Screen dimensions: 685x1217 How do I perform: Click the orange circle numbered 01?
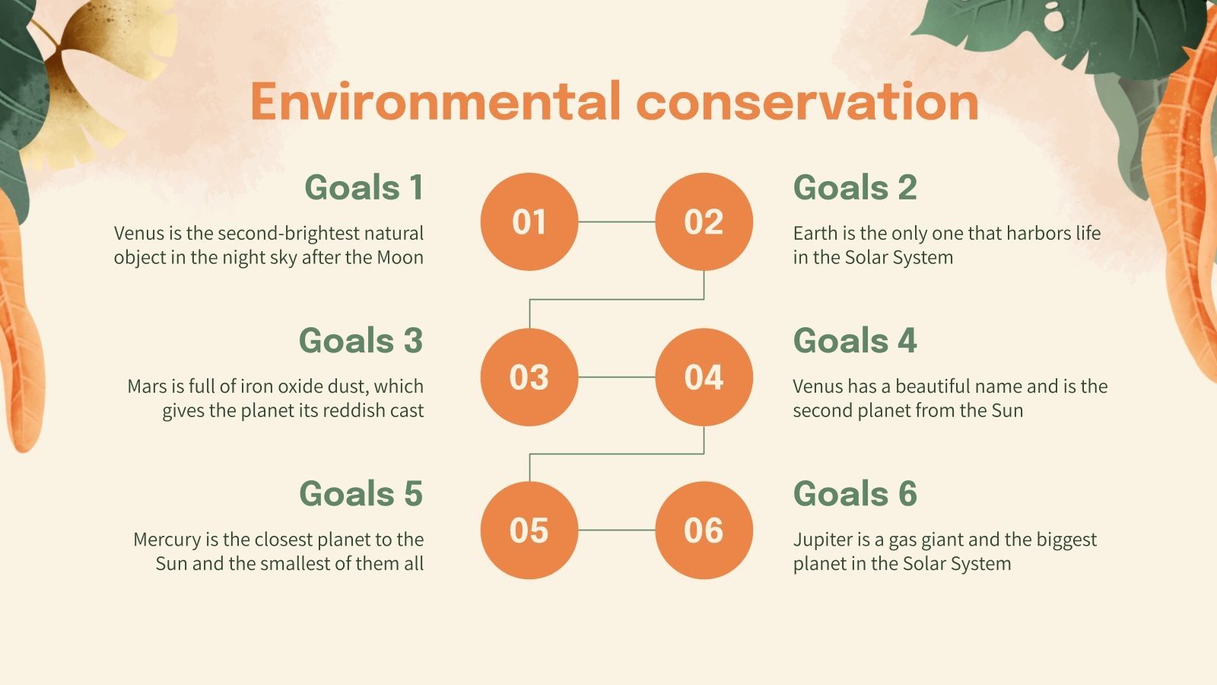point(529,221)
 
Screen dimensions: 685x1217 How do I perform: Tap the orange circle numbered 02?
point(704,221)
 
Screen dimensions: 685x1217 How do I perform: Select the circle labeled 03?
point(529,377)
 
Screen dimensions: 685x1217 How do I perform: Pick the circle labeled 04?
point(704,377)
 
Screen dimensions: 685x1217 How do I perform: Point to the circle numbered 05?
point(529,530)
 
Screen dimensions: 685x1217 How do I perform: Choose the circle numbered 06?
point(704,530)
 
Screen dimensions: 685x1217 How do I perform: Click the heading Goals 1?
point(364,188)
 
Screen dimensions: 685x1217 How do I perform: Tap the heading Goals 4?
point(855,341)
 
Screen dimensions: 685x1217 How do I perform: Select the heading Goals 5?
point(361,494)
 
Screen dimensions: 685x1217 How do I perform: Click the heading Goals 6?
point(855,494)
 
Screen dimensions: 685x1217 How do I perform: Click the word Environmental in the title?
point(435,102)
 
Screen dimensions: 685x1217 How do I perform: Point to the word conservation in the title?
point(807,102)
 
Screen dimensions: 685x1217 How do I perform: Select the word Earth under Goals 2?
point(815,234)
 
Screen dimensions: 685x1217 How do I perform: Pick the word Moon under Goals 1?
point(400,258)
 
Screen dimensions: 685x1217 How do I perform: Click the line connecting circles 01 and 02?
point(616,221)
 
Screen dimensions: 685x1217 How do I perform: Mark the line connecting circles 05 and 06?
point(616,530)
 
